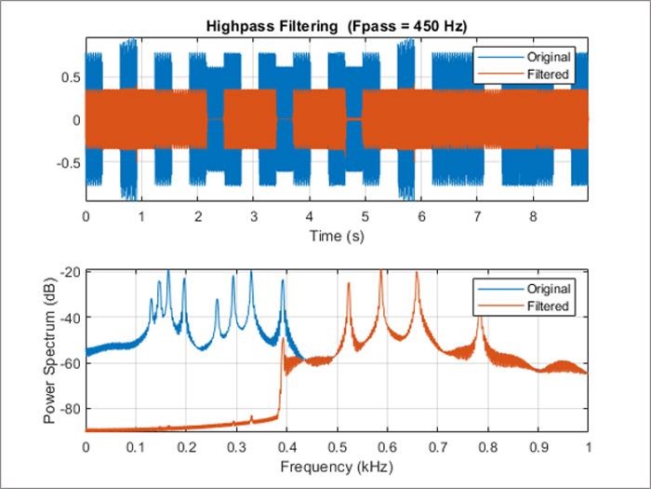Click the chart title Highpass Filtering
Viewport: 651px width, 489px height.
pyautogui.click(x=337, y=26)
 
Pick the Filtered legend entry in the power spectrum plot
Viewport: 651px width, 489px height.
pyautogui.click(x=547, y=306)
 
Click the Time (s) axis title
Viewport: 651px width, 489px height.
pyautogui.click(x=337, y=237)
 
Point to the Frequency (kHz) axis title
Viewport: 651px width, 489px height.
pyautogui.click(x=337, y=465)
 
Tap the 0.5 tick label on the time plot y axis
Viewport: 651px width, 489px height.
pyautogui.click(x=68, y=77)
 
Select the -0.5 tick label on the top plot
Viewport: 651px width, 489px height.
pyautogui.click(x=65, y=163)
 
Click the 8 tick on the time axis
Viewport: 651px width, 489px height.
pyautogui.click(x=533, y=216)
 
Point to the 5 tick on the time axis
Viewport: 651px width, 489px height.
pyautogui.click(x=365, y=216)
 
